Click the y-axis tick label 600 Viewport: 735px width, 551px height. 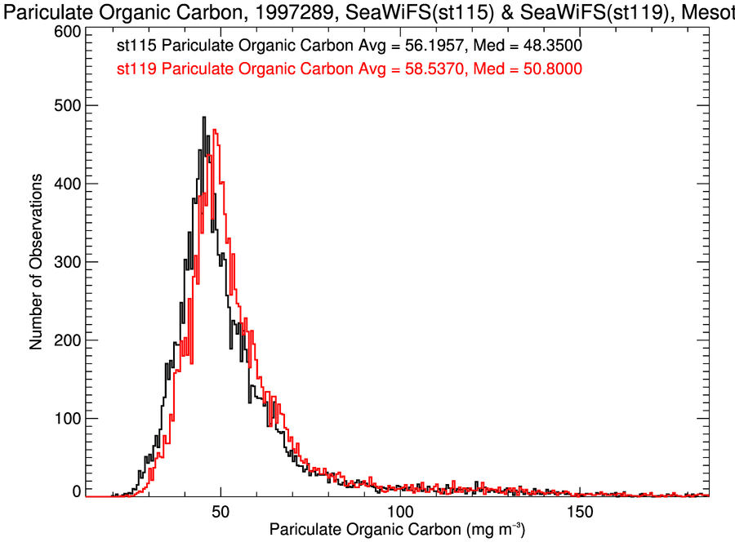65,31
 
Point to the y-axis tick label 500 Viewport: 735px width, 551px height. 65,105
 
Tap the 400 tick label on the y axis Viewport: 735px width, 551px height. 65,184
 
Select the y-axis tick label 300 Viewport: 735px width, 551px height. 65,262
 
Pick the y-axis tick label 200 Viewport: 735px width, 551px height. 65,340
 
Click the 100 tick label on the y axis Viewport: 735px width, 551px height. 65,419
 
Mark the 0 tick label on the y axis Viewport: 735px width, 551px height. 75,491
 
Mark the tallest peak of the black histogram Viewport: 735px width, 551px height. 203,118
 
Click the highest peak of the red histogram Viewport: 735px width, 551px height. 214,130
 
